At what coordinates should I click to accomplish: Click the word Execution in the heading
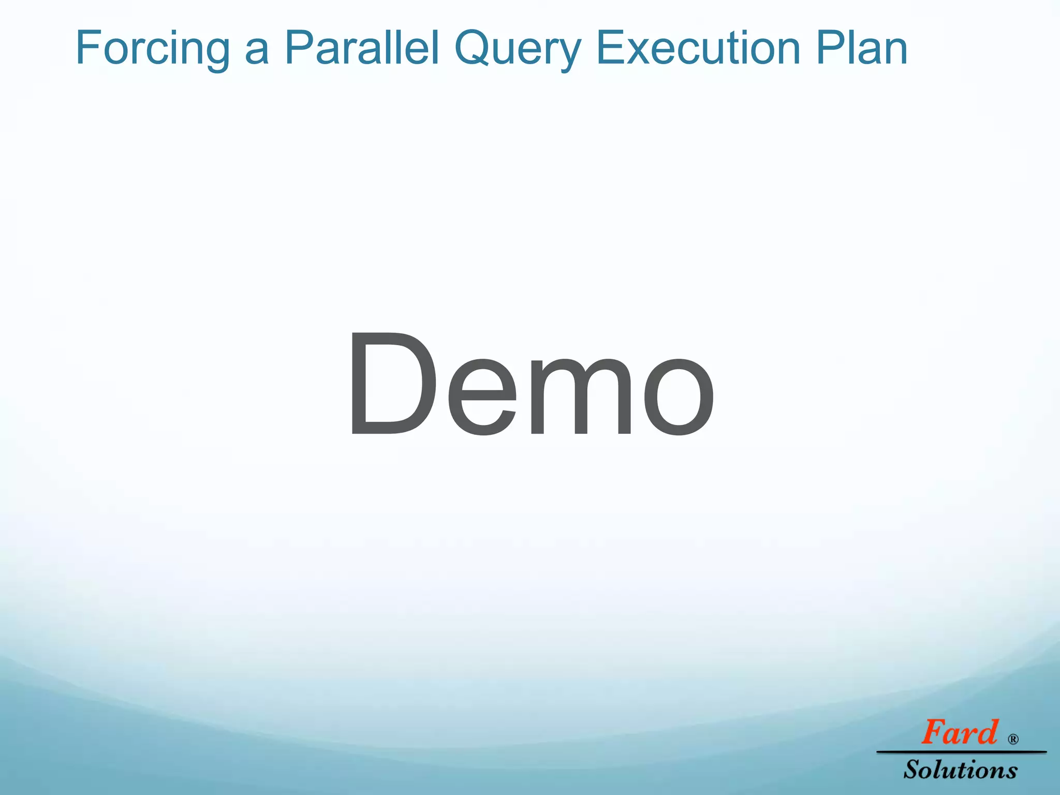pos(699,48)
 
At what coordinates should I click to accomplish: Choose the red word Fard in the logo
pos(959,733)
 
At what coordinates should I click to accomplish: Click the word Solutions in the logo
pos(961,770)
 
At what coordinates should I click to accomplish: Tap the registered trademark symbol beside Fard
pos(1013,739)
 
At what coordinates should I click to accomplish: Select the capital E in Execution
pos(611,48)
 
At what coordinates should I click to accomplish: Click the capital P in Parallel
pos(299,48)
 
